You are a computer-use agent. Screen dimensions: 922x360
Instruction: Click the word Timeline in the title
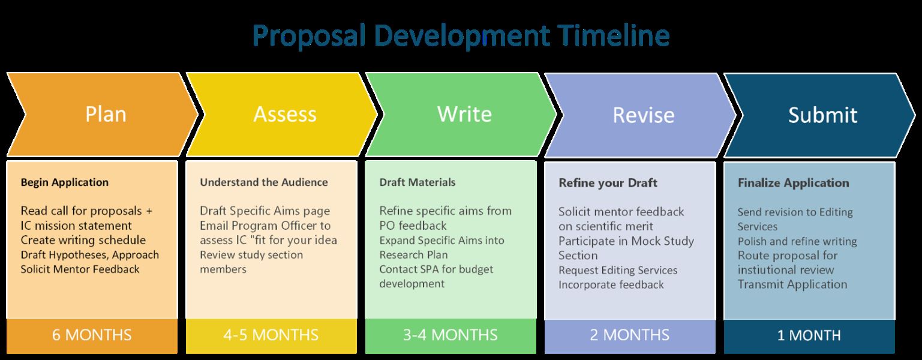613,35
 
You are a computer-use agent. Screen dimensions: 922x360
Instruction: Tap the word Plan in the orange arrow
106,114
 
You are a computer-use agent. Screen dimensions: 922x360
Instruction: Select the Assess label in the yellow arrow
285,114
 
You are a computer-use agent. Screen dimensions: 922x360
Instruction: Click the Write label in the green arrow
464,114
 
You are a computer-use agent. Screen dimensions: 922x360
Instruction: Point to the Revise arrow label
643,115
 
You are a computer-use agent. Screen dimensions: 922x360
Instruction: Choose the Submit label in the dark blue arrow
822,115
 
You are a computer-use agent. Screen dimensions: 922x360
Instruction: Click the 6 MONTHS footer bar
92,335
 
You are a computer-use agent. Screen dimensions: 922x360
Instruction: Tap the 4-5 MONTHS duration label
271,335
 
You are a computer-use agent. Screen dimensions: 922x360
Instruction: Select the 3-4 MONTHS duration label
451,335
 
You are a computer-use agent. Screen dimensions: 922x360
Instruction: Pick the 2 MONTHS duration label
630,335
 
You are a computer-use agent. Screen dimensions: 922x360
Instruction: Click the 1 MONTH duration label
809,335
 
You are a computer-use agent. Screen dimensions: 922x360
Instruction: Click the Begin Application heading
65,182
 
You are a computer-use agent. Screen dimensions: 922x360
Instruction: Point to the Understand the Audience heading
264,182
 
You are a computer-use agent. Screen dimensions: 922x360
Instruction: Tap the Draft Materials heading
418,182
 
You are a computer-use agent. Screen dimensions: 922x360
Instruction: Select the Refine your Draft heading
608,183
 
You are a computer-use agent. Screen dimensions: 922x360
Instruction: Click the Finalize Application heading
793,183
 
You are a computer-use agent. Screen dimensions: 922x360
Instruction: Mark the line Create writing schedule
83,240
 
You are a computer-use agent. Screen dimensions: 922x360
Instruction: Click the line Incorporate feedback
611,284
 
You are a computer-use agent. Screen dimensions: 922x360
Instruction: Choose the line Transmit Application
792,284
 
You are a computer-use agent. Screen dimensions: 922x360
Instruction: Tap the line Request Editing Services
618,270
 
